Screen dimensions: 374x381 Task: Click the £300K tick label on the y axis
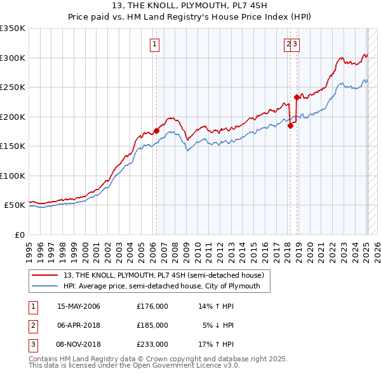tap(13, 58)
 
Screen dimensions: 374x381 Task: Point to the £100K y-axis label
tap(13, 176)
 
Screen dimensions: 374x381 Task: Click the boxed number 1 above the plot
tap(155, 44)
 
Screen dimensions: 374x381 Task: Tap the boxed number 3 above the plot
tap(296, 44)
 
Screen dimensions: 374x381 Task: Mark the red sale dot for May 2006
tap(156, 131)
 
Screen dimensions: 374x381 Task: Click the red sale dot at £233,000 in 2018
tap(297, 97)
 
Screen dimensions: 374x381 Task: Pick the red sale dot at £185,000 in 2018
tap(290, 126)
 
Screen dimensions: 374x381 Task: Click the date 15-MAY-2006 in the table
tap(79, 306)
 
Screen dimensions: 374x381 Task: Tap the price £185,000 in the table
tap(152, 325)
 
